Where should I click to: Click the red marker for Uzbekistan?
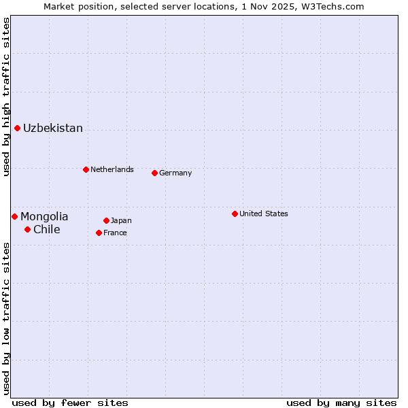17,128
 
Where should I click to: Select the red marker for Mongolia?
14,216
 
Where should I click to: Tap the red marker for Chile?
27,229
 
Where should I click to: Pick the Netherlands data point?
86,169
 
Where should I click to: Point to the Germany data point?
154,173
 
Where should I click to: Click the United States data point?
235,214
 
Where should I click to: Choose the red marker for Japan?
106,220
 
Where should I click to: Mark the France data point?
99,233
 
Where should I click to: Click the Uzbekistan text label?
53,129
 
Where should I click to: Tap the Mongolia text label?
44,217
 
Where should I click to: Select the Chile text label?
47,230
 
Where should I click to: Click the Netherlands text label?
112,169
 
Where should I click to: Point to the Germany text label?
175,173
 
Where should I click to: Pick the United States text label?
264,214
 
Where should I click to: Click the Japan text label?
121,220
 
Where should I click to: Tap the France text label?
115,233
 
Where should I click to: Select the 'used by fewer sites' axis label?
70,403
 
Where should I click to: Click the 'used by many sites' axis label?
341,403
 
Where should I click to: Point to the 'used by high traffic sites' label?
6,97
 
